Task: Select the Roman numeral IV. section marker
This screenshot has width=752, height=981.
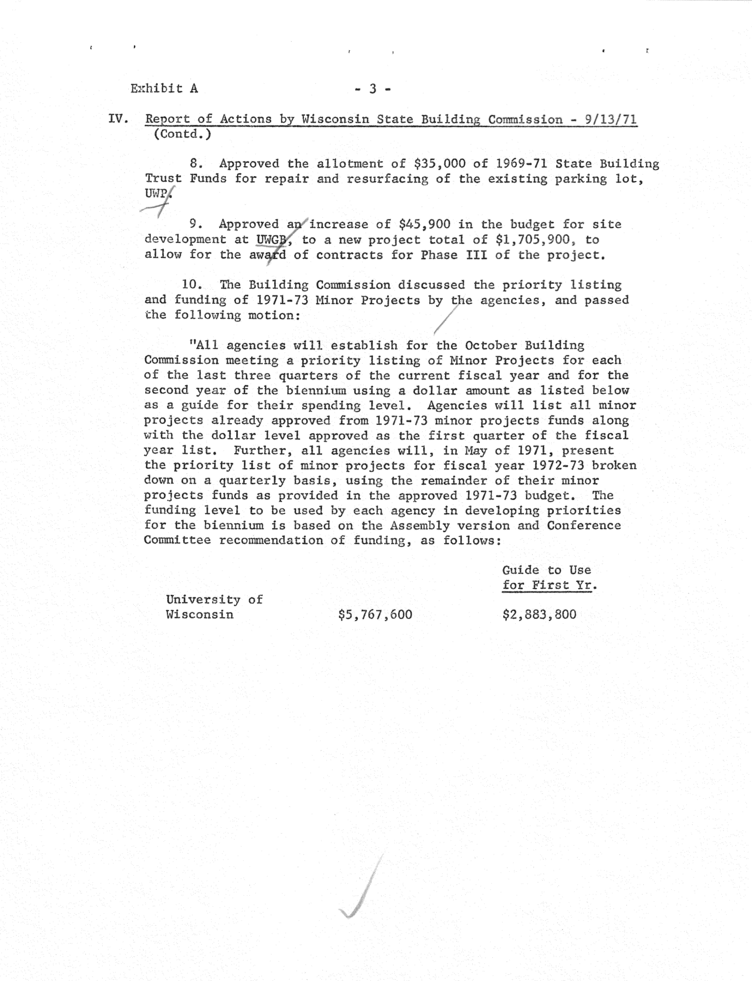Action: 118,119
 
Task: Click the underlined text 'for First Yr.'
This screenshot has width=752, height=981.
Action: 550,585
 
